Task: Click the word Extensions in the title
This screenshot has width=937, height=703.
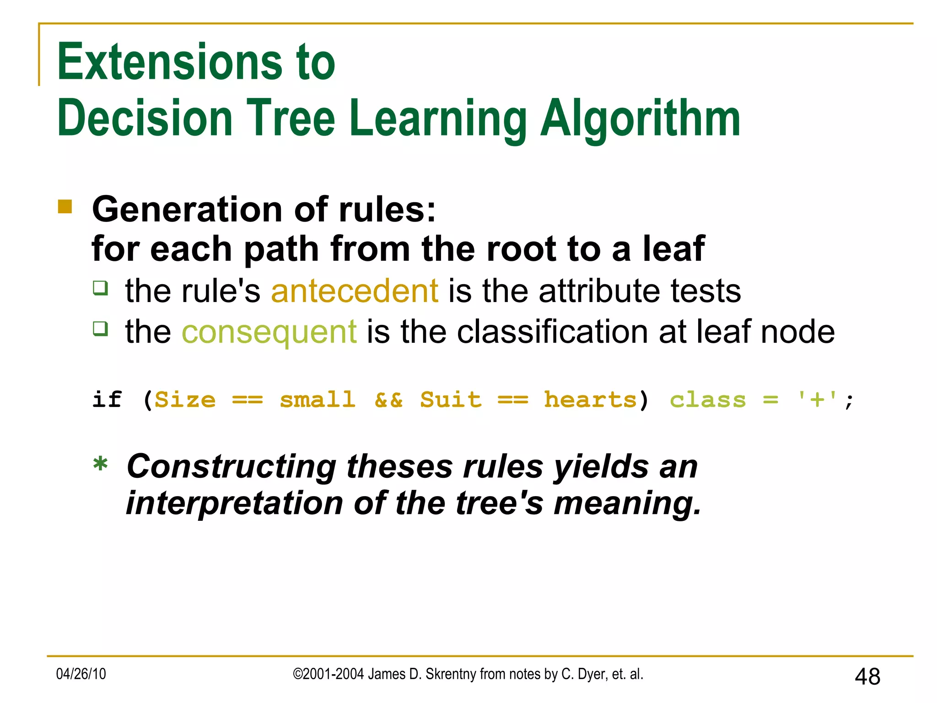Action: tap(170, 62)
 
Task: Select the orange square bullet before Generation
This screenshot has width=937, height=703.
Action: tap(65, 207)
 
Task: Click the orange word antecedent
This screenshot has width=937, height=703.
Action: tap(355, 291)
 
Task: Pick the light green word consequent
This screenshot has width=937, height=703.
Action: tap(269, 332)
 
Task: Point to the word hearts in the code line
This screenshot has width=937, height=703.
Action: tap(590, 400)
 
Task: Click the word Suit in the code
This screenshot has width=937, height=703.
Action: tap(451, 400)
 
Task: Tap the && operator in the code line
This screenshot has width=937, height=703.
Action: tap(388, 400)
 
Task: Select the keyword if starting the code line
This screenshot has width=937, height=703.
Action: tap(107, 400)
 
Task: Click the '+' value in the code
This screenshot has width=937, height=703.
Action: tap(817, 400)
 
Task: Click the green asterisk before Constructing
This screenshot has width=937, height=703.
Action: tap(100, 465)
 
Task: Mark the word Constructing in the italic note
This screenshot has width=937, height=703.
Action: tap(232, 467)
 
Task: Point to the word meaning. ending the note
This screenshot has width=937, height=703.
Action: tap(627, 504)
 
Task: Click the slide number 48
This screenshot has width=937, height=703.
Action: tap(867, 676)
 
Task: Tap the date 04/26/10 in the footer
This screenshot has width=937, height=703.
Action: tap(81, 674)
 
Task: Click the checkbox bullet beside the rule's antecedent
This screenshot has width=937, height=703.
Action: tap(101, 288)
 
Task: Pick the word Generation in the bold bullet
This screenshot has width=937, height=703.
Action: tap(188, 210)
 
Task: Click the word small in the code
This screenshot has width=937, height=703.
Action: tap(318, 400)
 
